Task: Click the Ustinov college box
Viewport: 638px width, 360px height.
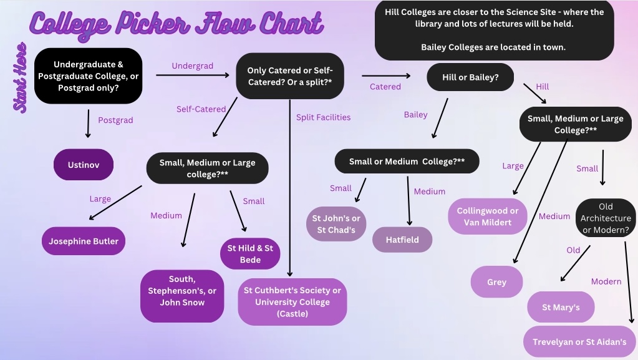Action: click(84, 165)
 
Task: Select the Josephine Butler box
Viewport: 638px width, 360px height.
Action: click(84, 241)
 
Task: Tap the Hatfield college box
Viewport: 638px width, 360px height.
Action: click(402, 240)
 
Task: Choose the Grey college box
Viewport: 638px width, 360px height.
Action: click(496, 282)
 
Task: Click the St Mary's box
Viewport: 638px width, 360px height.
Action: click(561, 307)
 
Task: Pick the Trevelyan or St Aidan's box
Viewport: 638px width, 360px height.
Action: click(579, 342)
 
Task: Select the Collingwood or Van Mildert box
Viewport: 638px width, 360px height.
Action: click(488, 216)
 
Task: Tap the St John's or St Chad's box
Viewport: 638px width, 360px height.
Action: click(336, 225)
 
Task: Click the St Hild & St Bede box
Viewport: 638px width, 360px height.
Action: click(250, 254)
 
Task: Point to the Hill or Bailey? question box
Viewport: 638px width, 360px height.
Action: click(470, 77)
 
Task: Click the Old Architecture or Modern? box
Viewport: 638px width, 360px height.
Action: click(606, 218)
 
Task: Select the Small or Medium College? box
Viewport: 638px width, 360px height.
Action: click(407, 161)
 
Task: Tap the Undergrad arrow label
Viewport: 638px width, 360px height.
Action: click(193, 66)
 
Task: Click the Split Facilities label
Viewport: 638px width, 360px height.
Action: click(323, 117)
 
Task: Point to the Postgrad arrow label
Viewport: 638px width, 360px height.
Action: click(115, 120)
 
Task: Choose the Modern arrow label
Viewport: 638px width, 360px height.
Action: click(606, 281)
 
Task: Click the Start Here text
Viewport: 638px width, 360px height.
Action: click(21, 77)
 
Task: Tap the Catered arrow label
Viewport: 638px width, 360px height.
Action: click(385, 87)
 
